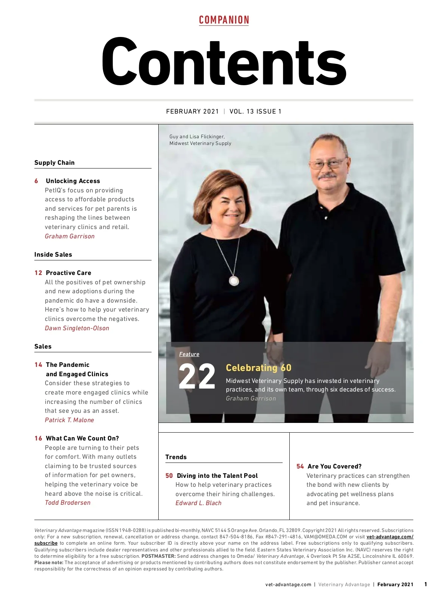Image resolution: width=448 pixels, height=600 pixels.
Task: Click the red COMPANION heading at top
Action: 224,20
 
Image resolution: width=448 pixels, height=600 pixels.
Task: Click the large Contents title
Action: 224,62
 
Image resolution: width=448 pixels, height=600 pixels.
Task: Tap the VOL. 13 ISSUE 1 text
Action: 255,111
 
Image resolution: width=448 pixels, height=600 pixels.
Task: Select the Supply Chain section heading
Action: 55,163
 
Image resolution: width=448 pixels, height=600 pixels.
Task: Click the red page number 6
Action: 36,181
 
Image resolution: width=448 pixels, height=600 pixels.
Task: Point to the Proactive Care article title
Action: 68,273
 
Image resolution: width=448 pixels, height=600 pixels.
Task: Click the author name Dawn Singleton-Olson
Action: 77,328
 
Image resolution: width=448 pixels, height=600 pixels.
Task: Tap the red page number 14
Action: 38,365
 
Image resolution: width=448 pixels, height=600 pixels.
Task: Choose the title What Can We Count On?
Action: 82,438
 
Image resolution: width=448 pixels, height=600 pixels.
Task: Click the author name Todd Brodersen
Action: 68,502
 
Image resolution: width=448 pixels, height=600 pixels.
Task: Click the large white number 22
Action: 197,377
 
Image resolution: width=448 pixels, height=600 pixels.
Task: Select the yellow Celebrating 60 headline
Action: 258,368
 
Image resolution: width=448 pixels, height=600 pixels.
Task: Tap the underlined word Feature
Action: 189,354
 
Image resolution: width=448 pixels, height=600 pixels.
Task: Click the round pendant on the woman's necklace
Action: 234,281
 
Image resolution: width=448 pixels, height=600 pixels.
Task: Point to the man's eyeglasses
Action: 327,163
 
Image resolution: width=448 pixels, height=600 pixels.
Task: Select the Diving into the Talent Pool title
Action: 217,476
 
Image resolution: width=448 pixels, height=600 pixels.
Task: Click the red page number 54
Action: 300,467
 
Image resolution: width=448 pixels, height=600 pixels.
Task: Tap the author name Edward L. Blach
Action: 198,503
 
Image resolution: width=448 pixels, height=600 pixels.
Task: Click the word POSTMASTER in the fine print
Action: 158,556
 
